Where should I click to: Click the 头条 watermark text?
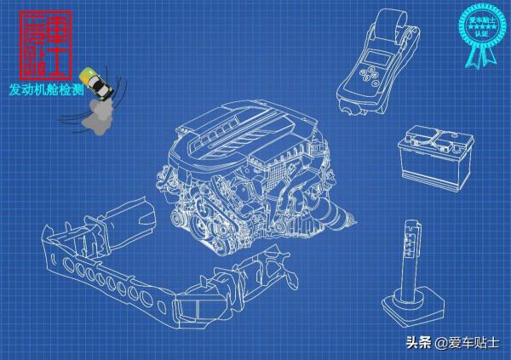tap(417, 343)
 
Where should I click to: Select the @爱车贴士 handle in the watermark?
tap(466, 343)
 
